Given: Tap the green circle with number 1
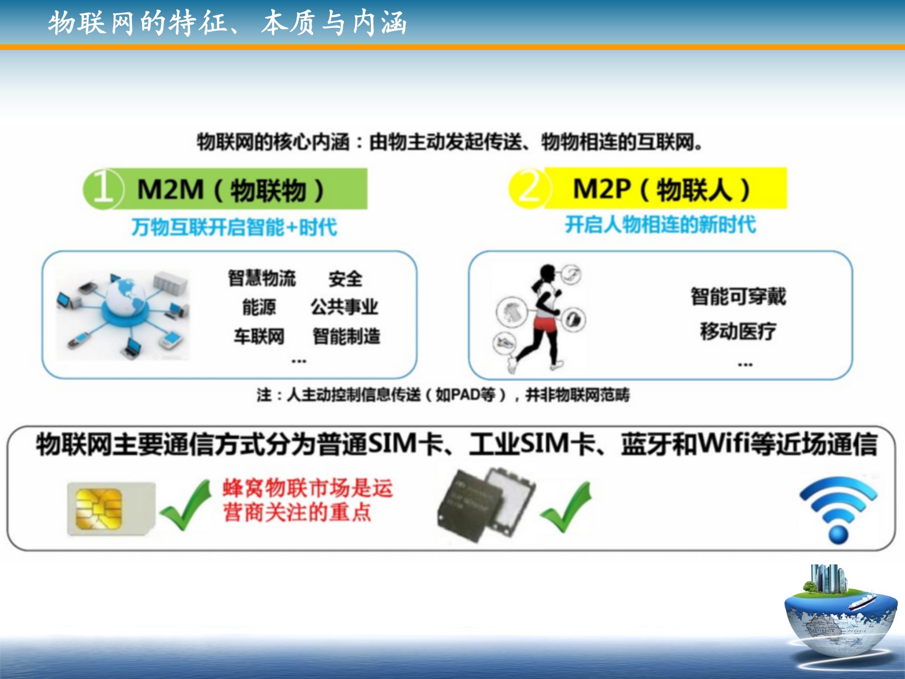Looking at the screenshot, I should pyautogui.click(x=103, y=189).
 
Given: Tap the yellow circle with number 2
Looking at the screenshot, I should pyautogui.click(x=529, y=188).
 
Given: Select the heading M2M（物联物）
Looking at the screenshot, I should pyautogui.click(x=230, y=190).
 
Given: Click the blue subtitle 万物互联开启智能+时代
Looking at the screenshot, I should pyautogui.click(x=234, y=227).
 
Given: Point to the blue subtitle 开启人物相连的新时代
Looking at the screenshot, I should pyautogui.click(x=660, y=224).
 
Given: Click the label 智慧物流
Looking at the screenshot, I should pyautogui.click(x=262, y=278).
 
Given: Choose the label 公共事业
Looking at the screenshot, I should pyautogui.click(x=344, y=306).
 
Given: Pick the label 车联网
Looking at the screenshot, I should pyautogui.click(x=259, y=336).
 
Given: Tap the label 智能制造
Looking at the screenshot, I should pyautogui.click(x=346, y=336).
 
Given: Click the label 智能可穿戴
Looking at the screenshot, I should pyautogui.click(x=738, y=296).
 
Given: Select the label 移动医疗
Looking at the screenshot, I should pyautogui.click(x=738, y=331).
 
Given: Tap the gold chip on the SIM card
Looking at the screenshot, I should pyautogui.click(x=99, y=509).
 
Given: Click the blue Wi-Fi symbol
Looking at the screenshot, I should pyautogui.click(x=839, y=509).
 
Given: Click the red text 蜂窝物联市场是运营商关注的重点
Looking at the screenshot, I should pyautogui.click(x=307, y=500).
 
